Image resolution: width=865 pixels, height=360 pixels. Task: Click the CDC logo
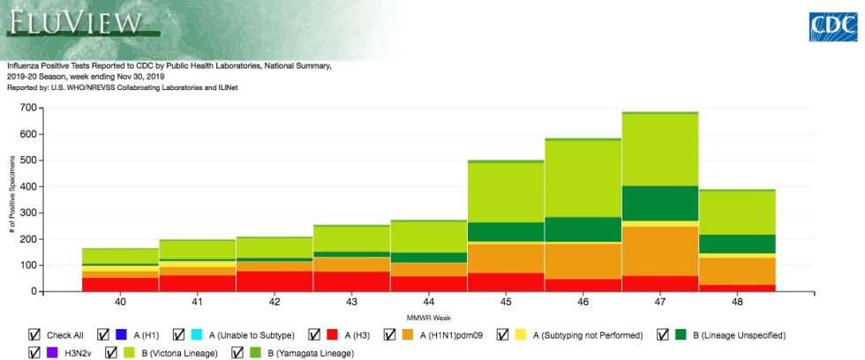coord(833,27)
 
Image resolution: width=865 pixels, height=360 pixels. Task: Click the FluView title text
coord(75,22)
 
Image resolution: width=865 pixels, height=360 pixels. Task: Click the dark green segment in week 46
coord(583,229)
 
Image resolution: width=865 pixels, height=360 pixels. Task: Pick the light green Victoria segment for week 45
coord(506,192)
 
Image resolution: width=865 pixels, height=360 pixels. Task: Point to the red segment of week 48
coord(738,288)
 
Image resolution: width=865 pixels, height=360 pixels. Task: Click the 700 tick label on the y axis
coord(29,108)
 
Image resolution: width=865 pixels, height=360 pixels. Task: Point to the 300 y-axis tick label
coord(29,213)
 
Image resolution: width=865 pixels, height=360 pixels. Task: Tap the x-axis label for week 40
coord(120,302)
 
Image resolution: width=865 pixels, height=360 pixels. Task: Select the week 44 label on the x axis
coord(429,302)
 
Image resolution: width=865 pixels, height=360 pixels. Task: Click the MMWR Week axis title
coord(429,319)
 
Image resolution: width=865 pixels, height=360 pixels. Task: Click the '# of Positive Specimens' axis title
coord(11,198)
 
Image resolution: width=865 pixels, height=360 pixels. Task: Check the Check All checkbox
coord(34,334)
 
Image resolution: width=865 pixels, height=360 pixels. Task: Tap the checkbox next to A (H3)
coord(315,334)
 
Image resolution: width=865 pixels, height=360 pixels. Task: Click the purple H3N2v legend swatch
coord(53,353)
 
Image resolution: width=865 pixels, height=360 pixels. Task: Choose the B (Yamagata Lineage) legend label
coord(311,354)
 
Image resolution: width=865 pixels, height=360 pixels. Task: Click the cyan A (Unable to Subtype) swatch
coord(197,334)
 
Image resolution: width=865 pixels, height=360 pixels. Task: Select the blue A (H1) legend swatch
coord(122,334)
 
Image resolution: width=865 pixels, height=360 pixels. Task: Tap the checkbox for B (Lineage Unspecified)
coord(664,334)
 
